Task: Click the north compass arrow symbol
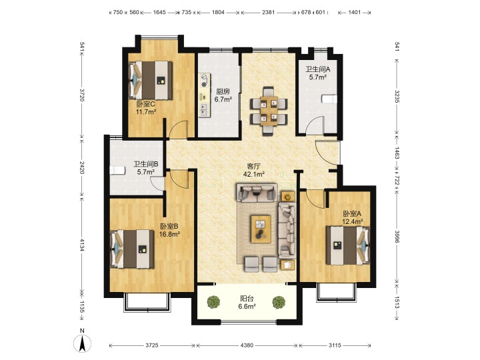tap(82, 343)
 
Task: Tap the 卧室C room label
tap(146, 104)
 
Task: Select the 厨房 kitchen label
tap(223, 91)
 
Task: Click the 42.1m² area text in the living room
tap(254, 175)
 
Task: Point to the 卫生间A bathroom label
tap(318, 69)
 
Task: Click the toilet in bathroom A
tap(329, 99)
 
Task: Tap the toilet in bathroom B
tap(117, 170)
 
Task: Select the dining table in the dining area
tap(269, 111)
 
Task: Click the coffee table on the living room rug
tap(261, 229)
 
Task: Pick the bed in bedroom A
tap(348, 245)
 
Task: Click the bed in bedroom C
tap(150, 80)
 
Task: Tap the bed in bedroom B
tap(132, 249)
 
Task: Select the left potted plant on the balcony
tap(214, 302)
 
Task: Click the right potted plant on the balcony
tap(279, 302)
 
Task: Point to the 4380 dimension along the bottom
tap(247, 345)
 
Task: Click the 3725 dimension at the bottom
tap(152, 345)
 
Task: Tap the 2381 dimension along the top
tap(268, 12)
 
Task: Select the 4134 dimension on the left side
tap(82, 245)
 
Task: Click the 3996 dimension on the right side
tap(397, 237)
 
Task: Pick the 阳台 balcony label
tap(247, 298)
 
